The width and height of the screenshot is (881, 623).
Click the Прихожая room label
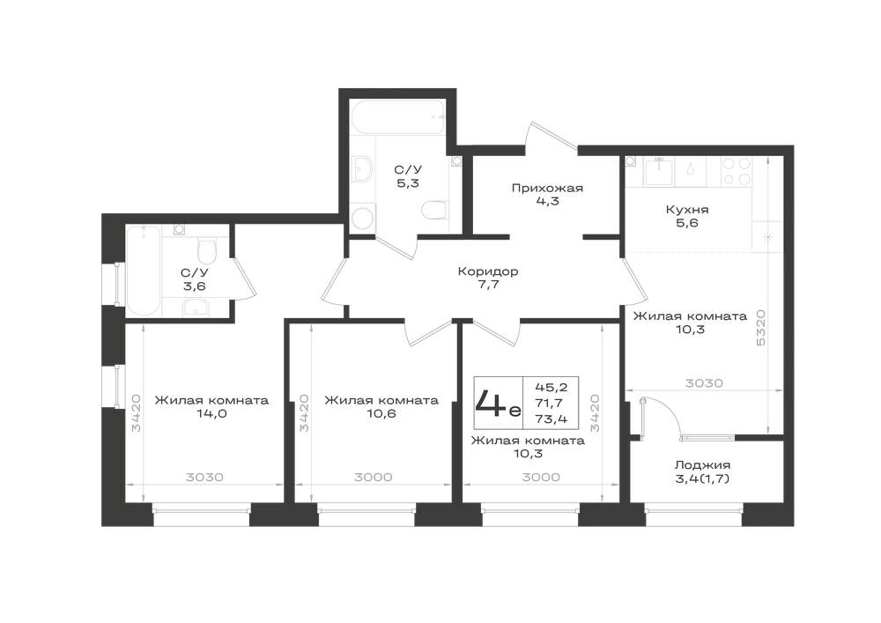click(547, 189)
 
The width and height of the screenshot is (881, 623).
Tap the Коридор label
click(488, 272)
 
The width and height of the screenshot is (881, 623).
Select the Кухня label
click(686, 210)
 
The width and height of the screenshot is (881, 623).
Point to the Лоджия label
click(702, 465)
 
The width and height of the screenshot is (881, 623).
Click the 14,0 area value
click(211, 414)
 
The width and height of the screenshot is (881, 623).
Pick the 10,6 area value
click(381, 414)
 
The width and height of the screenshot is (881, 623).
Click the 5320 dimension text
click(761, 328)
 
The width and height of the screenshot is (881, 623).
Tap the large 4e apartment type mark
click(498, 402)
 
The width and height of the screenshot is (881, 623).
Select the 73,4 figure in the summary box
click(551, 419)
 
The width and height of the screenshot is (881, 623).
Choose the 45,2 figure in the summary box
click(551, 387)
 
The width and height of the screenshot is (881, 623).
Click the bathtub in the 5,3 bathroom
click(399, 117)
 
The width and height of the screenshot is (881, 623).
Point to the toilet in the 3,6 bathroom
click(207, 252)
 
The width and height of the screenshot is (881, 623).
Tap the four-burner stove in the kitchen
click(737, 171)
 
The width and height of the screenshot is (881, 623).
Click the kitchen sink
click(658, 171)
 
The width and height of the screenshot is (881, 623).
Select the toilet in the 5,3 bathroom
click(435, 211)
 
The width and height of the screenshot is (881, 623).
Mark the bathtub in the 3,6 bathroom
click(144, 271)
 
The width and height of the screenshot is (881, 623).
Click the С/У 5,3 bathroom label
click(408, 176)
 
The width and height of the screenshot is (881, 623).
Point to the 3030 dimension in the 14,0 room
click(204, 478)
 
